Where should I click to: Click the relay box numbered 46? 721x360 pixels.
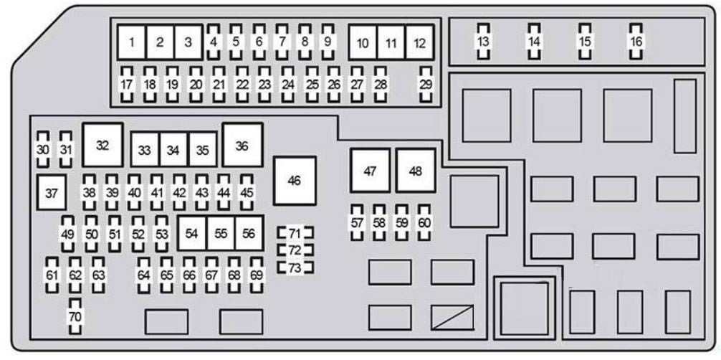coord(295,181)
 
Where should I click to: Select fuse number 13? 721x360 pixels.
coord(483,42)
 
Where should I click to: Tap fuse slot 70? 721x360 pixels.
coord(75,316)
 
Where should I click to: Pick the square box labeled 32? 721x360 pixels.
coord(102,145)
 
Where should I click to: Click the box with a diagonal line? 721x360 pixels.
coord(452,317)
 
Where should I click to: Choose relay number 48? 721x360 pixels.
coord(416,171)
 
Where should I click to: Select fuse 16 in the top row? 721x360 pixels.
coord(636,42)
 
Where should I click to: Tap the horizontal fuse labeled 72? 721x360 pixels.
coord(295,250)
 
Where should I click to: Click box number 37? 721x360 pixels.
coord(52,192)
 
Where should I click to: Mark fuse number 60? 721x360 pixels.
coord(424,223)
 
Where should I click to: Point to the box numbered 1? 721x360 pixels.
coord(131,42)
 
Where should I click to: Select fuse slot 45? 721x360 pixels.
coord(247,192)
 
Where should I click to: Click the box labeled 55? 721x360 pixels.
coord(221,233)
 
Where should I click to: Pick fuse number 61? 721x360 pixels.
coord(52,275)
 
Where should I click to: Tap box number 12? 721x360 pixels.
coord(419,43)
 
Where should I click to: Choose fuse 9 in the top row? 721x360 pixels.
coord(328,42)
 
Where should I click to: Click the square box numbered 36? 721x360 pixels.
coord(242,145)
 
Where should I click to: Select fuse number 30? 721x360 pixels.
coord(43,150)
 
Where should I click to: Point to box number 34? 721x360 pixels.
coord(173,150)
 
